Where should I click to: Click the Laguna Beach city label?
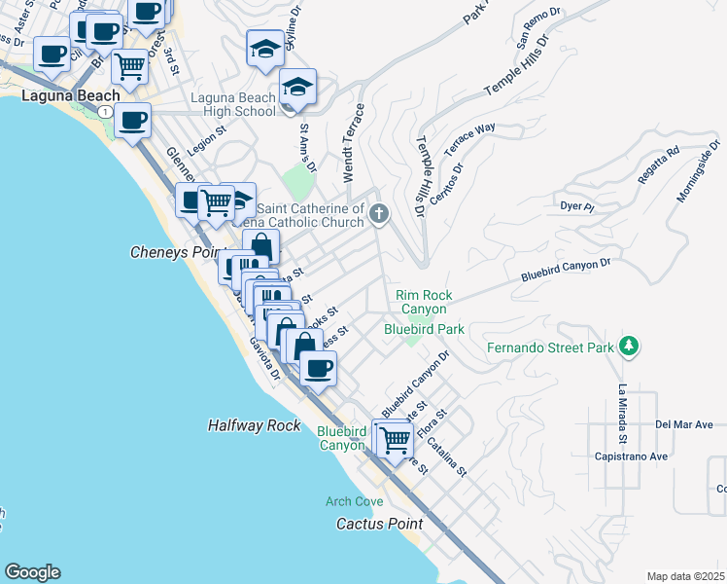point(71,95)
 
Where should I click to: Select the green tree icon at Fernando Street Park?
point(629,346)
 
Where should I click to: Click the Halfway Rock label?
point(254,425)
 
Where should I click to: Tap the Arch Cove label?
point(355,501)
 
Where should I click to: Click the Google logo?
point(32,572)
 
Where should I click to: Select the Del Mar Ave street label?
point(684,424)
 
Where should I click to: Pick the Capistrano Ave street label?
point(632,456)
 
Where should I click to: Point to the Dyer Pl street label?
point(576,206)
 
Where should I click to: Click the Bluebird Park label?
point(424,330)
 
